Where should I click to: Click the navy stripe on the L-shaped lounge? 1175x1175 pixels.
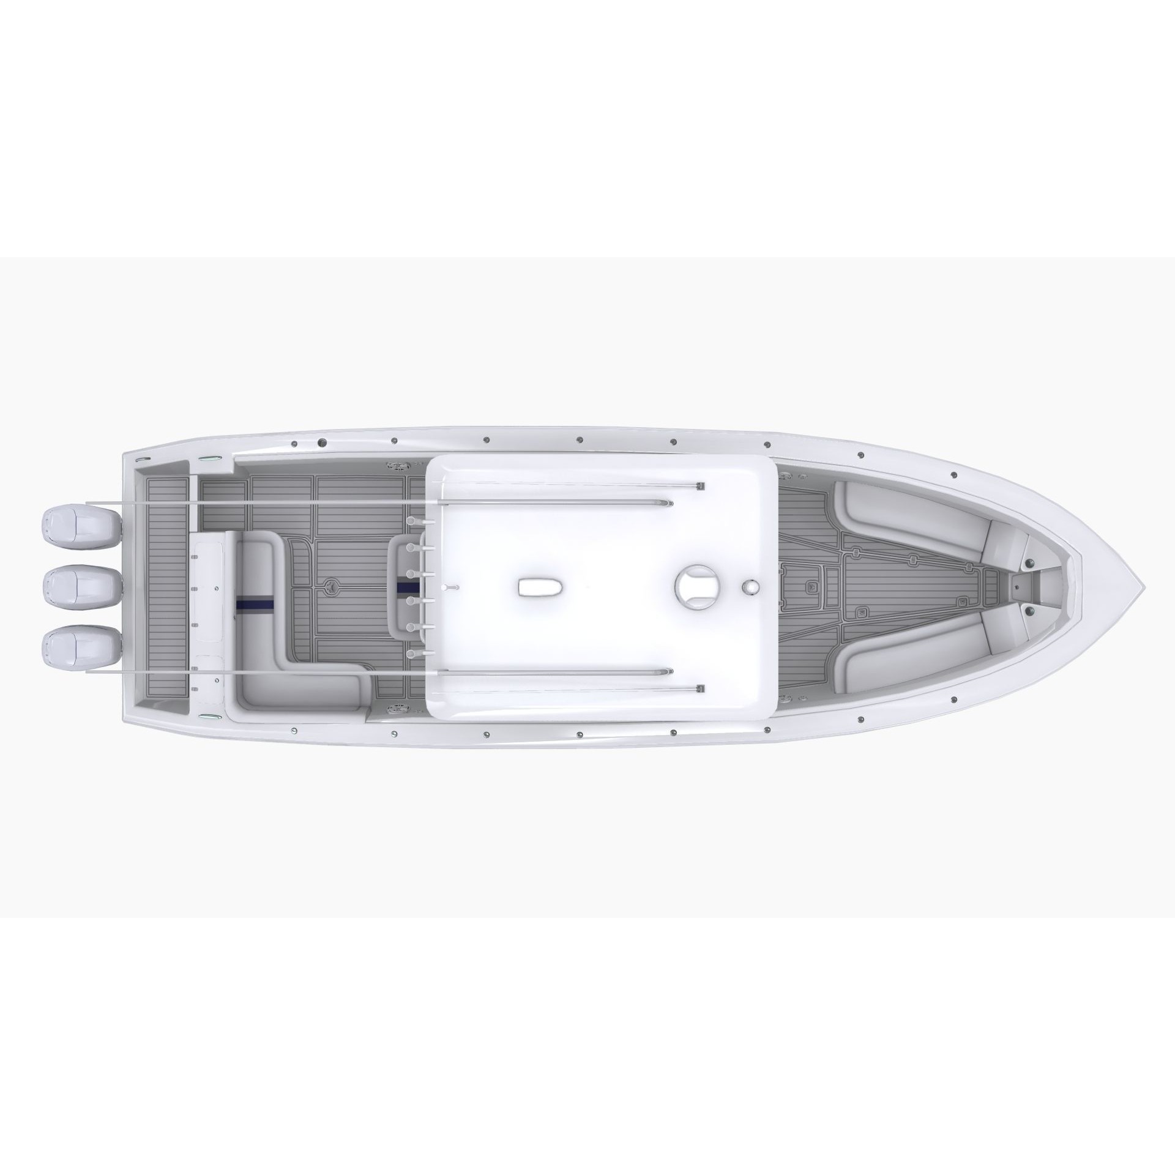point(255,602)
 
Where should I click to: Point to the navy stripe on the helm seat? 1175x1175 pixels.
point(408,587)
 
